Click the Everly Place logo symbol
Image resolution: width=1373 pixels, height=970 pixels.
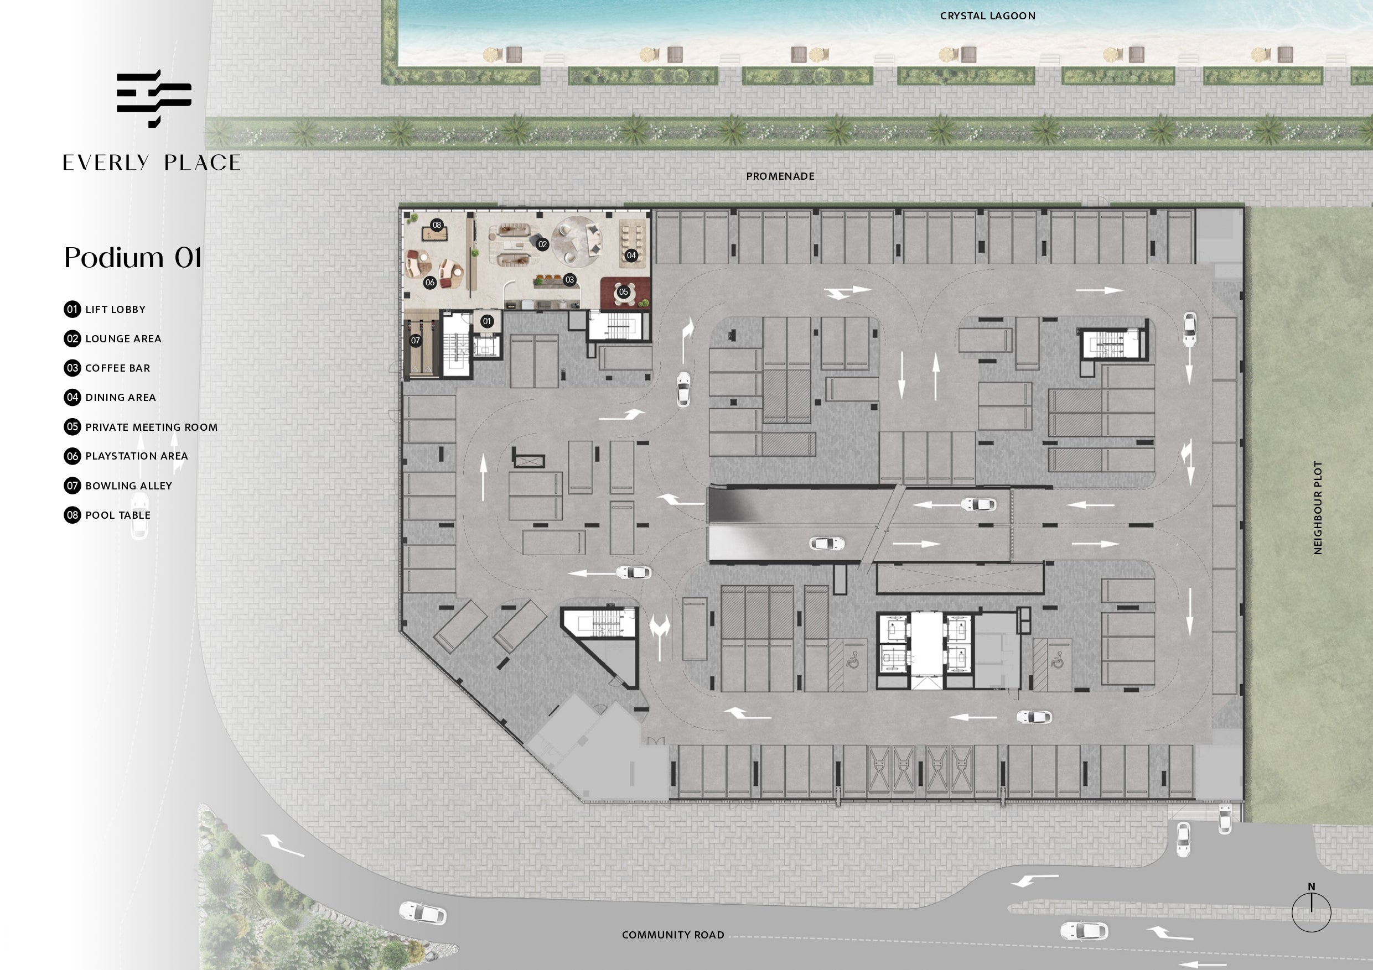coord(154,98)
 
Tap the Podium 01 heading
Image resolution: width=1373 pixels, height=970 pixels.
coord(133,258)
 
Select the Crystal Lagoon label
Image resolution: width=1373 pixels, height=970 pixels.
coord(987,16)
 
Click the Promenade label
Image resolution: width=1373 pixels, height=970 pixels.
coord(780,176)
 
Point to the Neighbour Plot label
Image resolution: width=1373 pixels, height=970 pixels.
coord(1318,508)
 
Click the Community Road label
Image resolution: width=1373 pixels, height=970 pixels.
coord(673,935)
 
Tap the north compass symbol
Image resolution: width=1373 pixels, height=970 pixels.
coord(1312,909)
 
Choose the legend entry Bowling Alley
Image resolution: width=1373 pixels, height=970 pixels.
coord(118,486)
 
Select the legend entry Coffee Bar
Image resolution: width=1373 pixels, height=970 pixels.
coord(107,368)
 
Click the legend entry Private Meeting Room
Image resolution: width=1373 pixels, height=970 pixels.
coord(141,427)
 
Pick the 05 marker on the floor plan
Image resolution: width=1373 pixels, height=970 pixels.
coord(624,292)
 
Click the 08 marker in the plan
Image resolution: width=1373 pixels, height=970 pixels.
coord(437,225)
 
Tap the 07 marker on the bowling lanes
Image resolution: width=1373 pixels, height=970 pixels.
coord(416,341)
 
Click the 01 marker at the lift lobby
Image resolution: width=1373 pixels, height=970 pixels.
coord(488,321)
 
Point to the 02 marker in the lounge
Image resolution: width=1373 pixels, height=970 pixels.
coord(542,244)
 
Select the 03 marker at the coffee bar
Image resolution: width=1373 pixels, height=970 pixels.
coord(570,280)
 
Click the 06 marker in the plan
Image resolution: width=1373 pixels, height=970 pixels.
coord(430,283)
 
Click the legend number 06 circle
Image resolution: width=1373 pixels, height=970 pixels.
coord(72,456)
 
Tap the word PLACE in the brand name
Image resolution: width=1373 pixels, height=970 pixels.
coord(202,163)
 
